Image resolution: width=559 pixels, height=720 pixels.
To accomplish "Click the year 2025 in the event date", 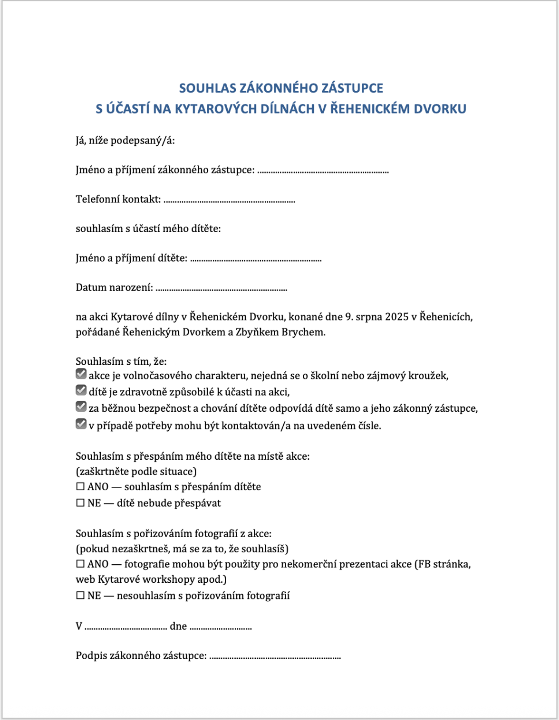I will tap(397, 317).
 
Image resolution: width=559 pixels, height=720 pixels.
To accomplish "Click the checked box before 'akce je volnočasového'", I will tap(81, 374).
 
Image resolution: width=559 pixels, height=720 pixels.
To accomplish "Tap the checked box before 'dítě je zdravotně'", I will tap(81, 390).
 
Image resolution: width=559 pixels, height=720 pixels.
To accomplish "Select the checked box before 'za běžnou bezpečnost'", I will tap(81, 407).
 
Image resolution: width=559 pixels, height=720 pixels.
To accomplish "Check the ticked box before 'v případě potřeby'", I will tap(81, 424).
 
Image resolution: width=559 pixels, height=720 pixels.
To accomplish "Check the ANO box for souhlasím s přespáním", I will tap(80, 487).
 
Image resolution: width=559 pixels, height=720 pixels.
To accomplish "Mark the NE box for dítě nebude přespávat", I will tap(80, 503).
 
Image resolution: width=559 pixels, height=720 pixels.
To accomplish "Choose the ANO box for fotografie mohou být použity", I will tap(80, 564).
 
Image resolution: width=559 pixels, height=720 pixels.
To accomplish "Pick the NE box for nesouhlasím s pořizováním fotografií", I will tap(80, 596).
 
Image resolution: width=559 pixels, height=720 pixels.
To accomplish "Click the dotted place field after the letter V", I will tap(126, 628).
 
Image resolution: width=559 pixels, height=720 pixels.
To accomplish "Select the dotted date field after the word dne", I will tap(221, 628).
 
